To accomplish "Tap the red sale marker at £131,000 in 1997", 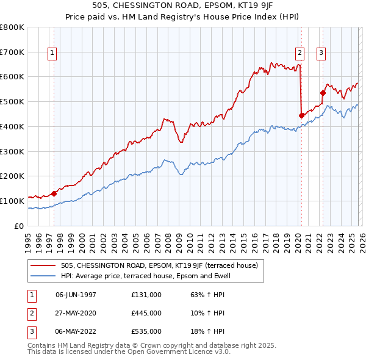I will click(x=54, y=193).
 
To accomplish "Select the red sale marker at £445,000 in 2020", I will click(x=301, y=115).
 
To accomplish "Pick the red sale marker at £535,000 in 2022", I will click(x=323, y=93).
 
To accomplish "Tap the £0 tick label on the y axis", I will click(x=18, y=226).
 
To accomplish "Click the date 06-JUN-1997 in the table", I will click(x=76, y=295).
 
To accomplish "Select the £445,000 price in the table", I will click(x=146, y=313).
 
